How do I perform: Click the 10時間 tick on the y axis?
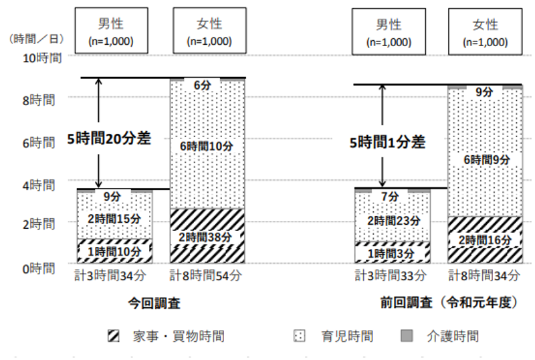(x=43, y=58)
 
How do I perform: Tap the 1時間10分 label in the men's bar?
(x=114, y=252)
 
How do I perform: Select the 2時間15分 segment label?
(x=114, y=218)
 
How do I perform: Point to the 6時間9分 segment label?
(x=485, y=160)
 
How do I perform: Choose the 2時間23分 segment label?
(x=391, y=220)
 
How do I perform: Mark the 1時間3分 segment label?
(x=391, y=254)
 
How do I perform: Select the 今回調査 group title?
(x=154, y=302)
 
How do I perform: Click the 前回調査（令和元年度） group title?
(x=447, y=302)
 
